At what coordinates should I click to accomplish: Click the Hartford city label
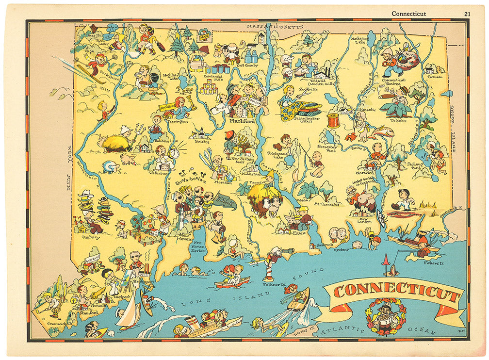point(238,121)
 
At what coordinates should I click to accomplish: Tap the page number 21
point(466,14)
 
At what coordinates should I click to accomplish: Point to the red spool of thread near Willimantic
point(333,120)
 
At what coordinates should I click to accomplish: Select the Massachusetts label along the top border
point(275,26)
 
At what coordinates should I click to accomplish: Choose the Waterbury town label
point(160,171)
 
